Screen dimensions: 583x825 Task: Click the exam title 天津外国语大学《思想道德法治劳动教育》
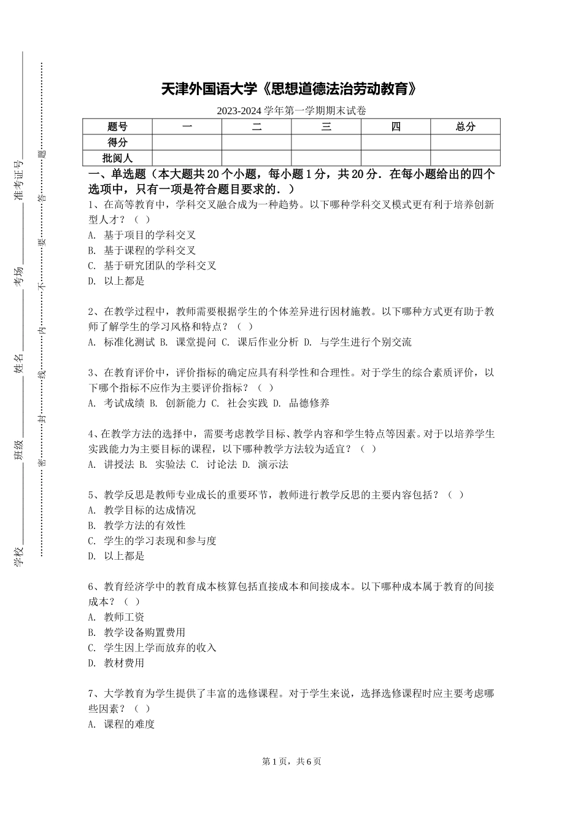[291, 90]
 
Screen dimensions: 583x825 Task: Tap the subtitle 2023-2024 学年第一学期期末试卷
[291, 111]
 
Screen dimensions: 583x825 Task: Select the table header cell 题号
[117, 127]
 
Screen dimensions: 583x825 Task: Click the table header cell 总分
[465, 127]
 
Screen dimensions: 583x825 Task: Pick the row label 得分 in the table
[117, 142]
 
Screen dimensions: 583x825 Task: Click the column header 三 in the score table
[326, 127]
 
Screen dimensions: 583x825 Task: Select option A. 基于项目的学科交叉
[142, 235]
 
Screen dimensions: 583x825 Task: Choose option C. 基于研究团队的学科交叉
[152, 266]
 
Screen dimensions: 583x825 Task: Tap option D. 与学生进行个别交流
[358, 343]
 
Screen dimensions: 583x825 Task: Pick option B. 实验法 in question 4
[163, 465]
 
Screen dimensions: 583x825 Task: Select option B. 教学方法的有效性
[136, 525]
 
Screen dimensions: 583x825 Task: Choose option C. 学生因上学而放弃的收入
[152, 648]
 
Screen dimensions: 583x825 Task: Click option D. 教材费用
[117, 663]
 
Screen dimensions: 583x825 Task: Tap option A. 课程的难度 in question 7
[122, 724]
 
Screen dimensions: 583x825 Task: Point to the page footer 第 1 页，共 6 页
[291, 761]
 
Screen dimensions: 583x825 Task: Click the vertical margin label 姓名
[18, 363]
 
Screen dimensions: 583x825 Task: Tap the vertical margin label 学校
[18, 556]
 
